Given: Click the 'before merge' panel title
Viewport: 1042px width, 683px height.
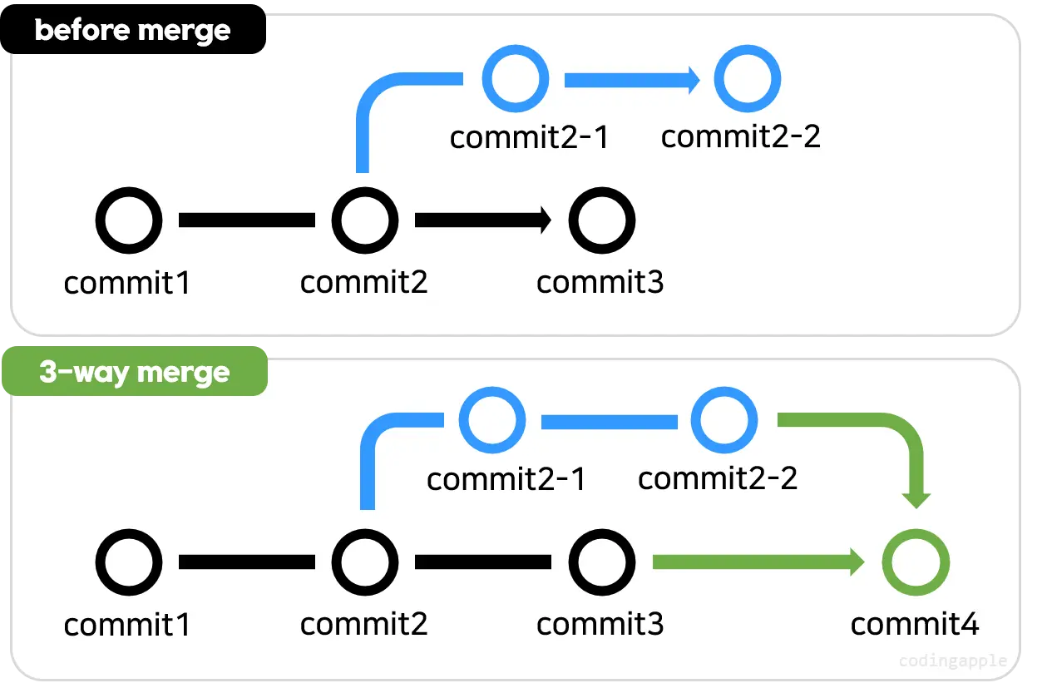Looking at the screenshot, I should click(x=132, y=31).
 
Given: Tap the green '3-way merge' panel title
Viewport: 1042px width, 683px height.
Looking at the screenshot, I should click(x=134, y=373).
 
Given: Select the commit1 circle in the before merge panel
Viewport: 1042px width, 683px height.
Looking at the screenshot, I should click(x=129, y=220).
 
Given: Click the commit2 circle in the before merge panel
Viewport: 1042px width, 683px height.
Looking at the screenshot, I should click(x=364, y=220).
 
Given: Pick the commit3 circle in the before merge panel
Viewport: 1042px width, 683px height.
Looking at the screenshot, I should click(x=601, y=220).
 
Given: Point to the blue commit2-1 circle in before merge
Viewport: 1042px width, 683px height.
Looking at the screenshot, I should click(x=516, y=80).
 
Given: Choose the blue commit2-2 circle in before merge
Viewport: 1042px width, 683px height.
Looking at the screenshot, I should click(x=748, y=80).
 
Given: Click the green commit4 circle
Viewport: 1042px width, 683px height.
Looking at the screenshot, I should click(x=916, y=562).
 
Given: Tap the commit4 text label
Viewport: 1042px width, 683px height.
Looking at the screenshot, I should click(x=915, y=624).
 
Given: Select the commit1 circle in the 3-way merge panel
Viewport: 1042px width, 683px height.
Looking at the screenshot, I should click(x=129, y=562).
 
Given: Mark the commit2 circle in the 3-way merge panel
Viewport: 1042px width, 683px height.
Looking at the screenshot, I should click(x=364, y=562).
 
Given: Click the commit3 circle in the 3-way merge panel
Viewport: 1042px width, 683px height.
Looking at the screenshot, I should click(x=601, y=562).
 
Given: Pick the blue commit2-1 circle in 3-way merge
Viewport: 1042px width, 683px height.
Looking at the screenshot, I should click(x=492, y=421).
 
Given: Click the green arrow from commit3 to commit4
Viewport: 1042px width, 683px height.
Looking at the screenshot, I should click(x=757, y=562).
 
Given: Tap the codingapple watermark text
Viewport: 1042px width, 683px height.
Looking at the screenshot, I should click(x=953, y=661).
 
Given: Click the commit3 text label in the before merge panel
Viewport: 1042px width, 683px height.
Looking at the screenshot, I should click(x=600, y=283).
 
